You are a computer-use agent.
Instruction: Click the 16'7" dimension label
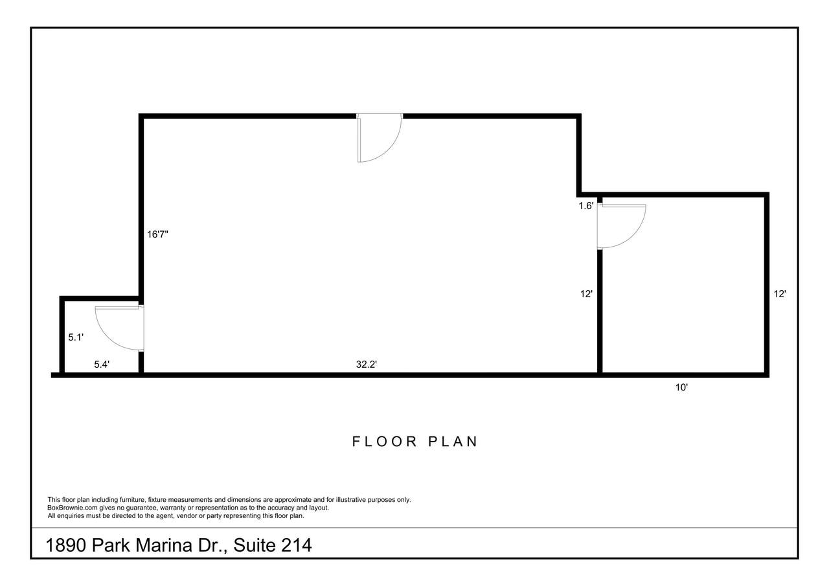click(157, 234)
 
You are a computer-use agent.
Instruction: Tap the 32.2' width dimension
click(367, 365)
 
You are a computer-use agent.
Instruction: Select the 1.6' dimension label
click(586, 206)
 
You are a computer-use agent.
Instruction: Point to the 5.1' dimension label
click(76, 337)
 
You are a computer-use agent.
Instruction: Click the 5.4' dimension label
click(102, 365)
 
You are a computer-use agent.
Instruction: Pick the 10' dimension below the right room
click(682, 387)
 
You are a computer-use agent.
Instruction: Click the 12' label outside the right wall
click(780, 294)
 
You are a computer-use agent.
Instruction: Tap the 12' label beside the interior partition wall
click(586, 294)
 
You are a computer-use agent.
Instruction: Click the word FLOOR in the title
click(385, 442)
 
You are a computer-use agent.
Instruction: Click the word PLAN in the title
click(453, 442)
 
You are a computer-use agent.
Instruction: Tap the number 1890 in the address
click(66, 545)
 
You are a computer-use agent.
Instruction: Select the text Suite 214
click(273, 545)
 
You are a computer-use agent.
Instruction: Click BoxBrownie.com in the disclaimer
click(72, 508)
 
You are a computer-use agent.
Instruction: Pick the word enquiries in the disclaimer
click(71, 516)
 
